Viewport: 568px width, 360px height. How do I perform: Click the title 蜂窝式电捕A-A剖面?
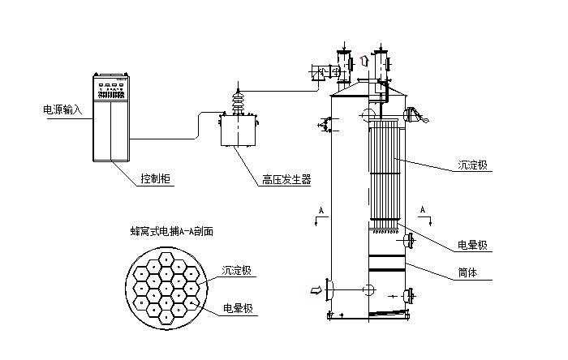171,231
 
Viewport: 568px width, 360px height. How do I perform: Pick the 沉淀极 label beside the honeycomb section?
236,269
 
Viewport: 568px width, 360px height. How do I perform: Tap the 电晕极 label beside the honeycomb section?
236,310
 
